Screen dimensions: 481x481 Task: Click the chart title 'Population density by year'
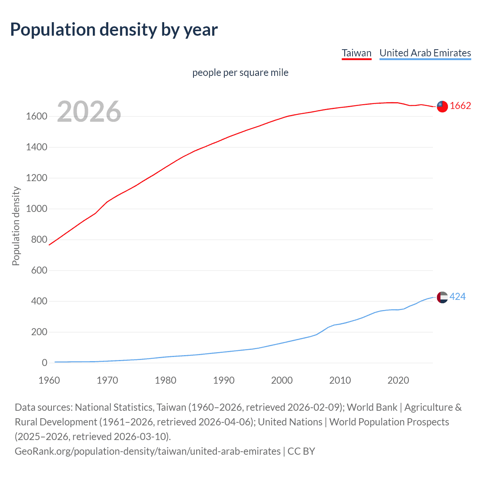[x=114, y=30]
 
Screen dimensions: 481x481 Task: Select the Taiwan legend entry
[x=356, y=53]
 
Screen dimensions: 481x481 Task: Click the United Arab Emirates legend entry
[x=425, y=53]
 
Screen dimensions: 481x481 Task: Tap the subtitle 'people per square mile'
[x=240, y=73]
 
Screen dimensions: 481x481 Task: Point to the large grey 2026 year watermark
[x=89, y=112]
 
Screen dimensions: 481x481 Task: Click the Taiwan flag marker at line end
[x=442, y=106]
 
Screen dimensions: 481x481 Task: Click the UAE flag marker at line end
[x=442, y=297]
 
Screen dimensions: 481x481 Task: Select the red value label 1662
[x=460, y=106]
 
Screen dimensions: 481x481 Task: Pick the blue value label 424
[x=457, y=297]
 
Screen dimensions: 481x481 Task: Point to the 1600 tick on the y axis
[x=36, y=116]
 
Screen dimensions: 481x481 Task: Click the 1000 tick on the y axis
[x=36, y=209]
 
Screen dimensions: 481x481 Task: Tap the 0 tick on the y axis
[x=45, y=363]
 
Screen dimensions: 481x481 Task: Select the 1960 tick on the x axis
[x=49, y=380]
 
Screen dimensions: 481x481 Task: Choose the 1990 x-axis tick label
[x=224, y=380]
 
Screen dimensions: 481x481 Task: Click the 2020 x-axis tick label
[x=398, y=380]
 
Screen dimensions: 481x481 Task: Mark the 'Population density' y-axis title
[x=16, y=226]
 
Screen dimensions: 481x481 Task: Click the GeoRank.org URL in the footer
[x=147, y=451]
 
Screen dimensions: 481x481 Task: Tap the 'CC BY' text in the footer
[x=301, y=451]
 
